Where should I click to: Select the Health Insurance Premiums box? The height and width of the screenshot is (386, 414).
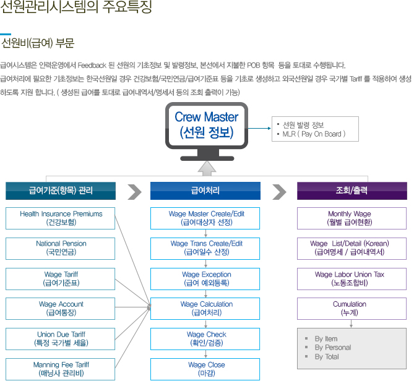click(x=61, y=218)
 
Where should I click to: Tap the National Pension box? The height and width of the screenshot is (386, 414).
click(x=61, y=248)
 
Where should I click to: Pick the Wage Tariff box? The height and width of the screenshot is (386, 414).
click(x=61, y=278)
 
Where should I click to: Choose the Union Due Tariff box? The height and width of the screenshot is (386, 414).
click(x=61, y=338)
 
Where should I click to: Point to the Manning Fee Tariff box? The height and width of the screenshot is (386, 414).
click(x=61, y=369)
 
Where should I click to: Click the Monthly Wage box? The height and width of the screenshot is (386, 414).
click(x=352, y=218)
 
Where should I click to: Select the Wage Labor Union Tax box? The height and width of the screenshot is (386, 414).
click(x=352, y=278)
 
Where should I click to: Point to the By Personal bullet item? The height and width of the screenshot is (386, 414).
click(x=332, y=348)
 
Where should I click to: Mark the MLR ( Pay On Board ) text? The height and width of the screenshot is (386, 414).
click(x=313, y=134)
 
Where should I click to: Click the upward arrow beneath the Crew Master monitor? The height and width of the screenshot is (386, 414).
click(x=206, y=168)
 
